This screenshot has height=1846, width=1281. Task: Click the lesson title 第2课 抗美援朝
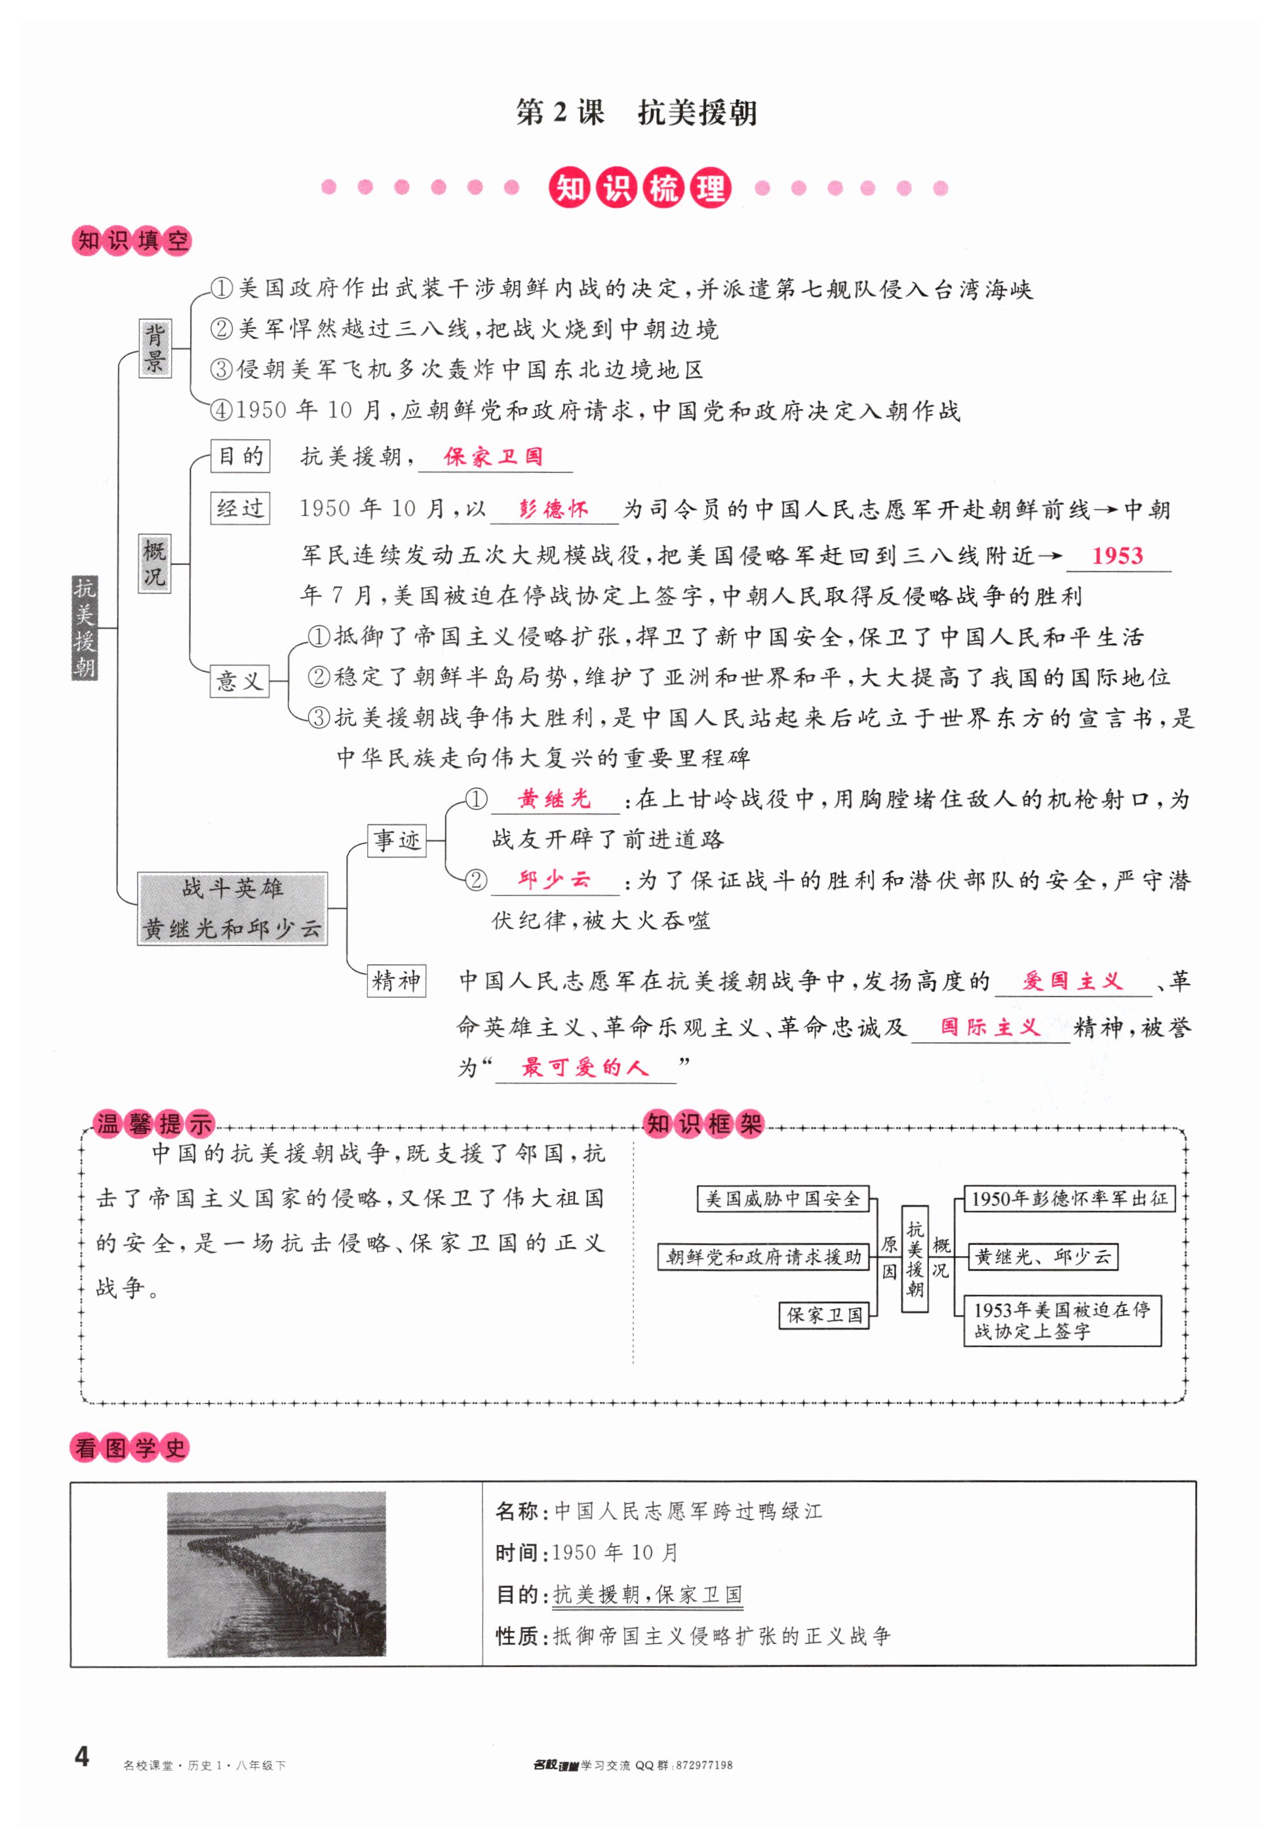coord(636,112)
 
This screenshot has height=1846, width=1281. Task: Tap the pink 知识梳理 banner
coord(640,189)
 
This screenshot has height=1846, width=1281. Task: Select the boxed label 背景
coord(154,349)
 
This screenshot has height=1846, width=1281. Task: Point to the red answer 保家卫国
coord(493,457)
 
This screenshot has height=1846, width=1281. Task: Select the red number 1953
coord(1116,555)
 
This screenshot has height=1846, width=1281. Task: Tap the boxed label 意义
coord(239,680)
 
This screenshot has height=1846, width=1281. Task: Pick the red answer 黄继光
coord(554,798)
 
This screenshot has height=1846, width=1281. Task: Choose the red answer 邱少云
coord(554,880)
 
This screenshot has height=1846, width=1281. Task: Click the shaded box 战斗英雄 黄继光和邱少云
coord(232,908)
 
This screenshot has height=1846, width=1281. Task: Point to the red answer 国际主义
coord(990,1027)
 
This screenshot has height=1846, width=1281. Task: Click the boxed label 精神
coord(396,981)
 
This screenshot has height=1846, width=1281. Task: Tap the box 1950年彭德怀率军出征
coord(1069,1198)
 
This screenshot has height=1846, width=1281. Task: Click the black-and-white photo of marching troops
coord(276,1575)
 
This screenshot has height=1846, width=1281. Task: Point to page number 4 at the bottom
coord(82,1757)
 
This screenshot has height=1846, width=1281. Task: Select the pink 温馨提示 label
coord(153,1124)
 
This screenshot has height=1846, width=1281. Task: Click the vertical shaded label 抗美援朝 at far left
coord(85,627)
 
